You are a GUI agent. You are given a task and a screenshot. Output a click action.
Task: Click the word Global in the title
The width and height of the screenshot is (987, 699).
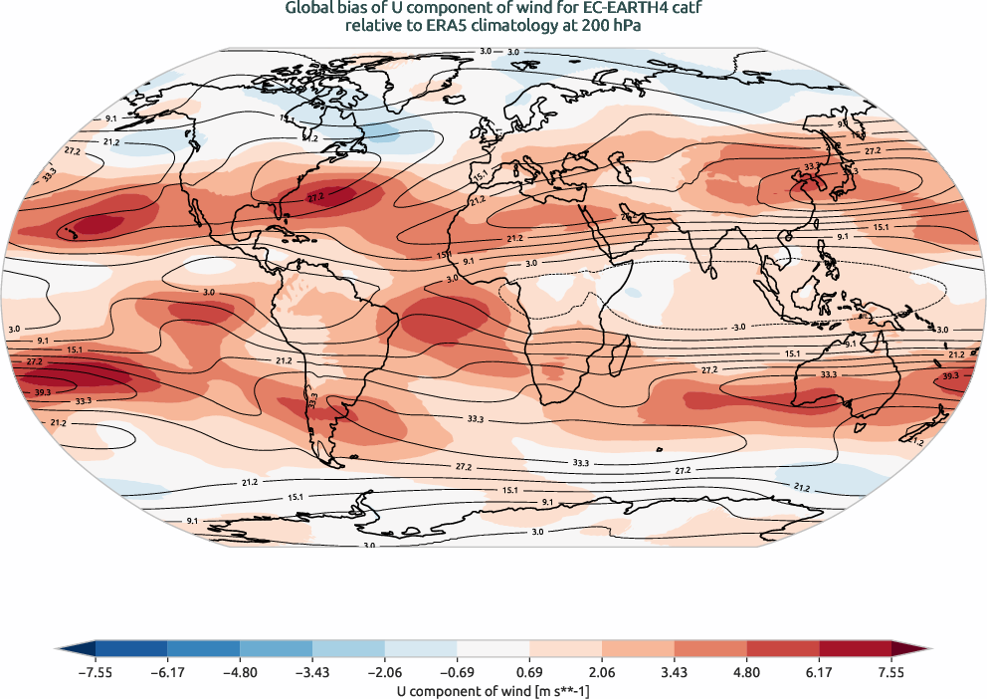[x=308, y=9]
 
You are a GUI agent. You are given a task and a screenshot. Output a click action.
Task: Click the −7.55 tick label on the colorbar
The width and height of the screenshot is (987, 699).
[x=95, y=672]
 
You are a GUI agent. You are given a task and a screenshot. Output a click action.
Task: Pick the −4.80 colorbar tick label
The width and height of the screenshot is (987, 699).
[x=240, y=672]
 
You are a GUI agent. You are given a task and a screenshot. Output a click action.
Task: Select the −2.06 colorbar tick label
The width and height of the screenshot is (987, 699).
[x=384, y=672]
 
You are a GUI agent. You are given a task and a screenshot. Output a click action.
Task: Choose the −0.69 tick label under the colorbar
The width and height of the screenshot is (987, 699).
[x=457, y=672]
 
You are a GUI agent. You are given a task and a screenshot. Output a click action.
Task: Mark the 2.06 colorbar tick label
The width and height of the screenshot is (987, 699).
[x=601, y=672]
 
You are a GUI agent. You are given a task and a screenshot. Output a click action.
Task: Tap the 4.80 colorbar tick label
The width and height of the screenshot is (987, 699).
[x=746, y=672]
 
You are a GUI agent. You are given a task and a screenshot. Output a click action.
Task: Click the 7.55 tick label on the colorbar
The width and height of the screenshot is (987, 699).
[x=890, y=672]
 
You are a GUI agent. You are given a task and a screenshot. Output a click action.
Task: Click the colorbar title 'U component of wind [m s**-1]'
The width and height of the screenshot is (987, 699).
[x=493, y=689]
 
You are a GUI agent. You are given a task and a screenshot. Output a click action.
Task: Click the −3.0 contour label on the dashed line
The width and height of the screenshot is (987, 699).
[x=737, y=327]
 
